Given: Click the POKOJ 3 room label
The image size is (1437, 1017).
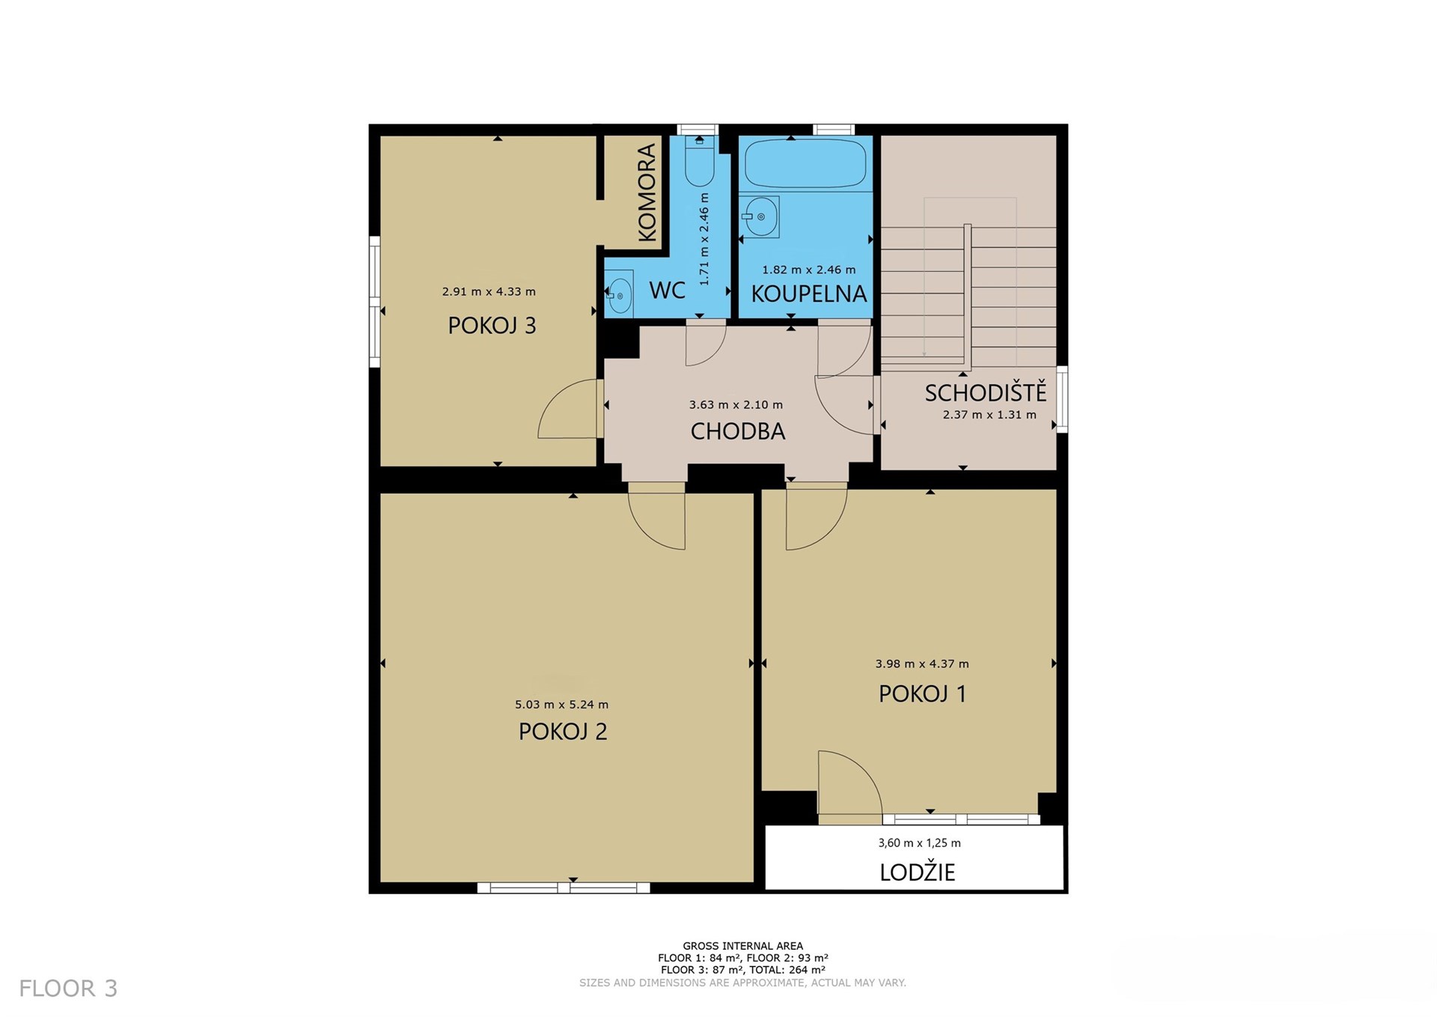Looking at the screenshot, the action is [492, 325].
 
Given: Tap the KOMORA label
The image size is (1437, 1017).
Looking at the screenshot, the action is [647, 192].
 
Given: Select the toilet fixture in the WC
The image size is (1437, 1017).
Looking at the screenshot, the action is [699, 160].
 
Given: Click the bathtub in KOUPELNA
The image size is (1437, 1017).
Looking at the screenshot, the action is [805, 163].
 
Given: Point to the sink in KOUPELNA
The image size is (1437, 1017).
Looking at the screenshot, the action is [760, 217].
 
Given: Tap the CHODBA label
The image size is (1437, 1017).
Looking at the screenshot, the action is [737, 431].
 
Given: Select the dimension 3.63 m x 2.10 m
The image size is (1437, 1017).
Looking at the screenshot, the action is [736, 405].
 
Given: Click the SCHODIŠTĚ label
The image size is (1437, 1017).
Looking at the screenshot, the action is [985, 392].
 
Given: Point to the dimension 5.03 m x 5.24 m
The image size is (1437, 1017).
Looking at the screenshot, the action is [561, 705].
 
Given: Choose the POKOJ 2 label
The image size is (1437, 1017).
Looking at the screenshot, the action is [563, 731].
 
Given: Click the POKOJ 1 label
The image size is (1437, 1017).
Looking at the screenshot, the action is [922, 693].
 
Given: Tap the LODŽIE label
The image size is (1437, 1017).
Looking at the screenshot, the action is [918, 872].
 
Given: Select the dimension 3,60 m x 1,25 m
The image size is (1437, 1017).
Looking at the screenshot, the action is [919, 843].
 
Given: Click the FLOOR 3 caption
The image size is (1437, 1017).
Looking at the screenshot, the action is [68, 989].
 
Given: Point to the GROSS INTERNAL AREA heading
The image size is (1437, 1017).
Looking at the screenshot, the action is [742, 946].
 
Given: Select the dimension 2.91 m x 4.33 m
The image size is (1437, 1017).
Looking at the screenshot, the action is [489, 292].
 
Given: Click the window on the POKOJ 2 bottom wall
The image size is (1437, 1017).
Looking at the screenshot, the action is [564, 888].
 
